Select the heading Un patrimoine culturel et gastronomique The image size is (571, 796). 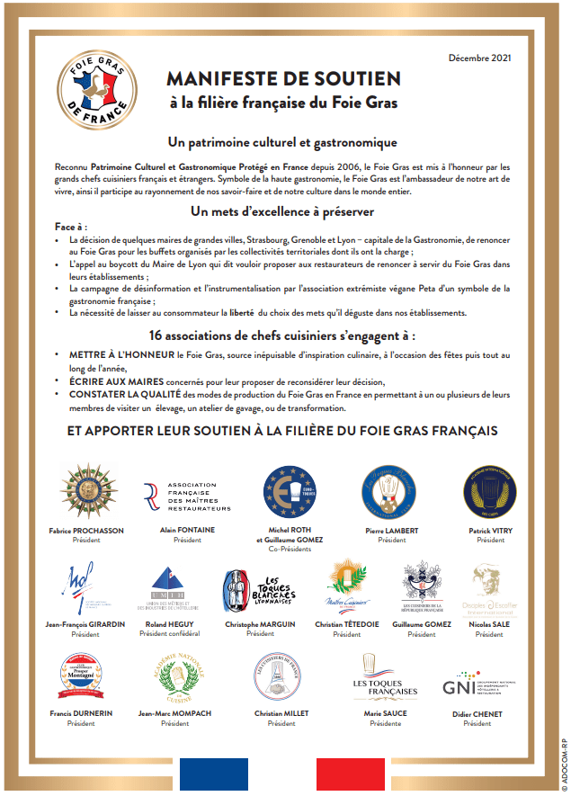click(283, 142)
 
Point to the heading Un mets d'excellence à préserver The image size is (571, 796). click(283, 211)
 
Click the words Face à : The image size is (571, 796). click(71, 228)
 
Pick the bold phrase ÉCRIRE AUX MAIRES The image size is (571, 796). click(112, 381)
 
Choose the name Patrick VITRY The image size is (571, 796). click(490, 531)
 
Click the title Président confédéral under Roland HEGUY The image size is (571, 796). click(170, 633)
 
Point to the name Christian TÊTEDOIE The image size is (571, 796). click(346, 624)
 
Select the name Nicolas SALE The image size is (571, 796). click(490, 624)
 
